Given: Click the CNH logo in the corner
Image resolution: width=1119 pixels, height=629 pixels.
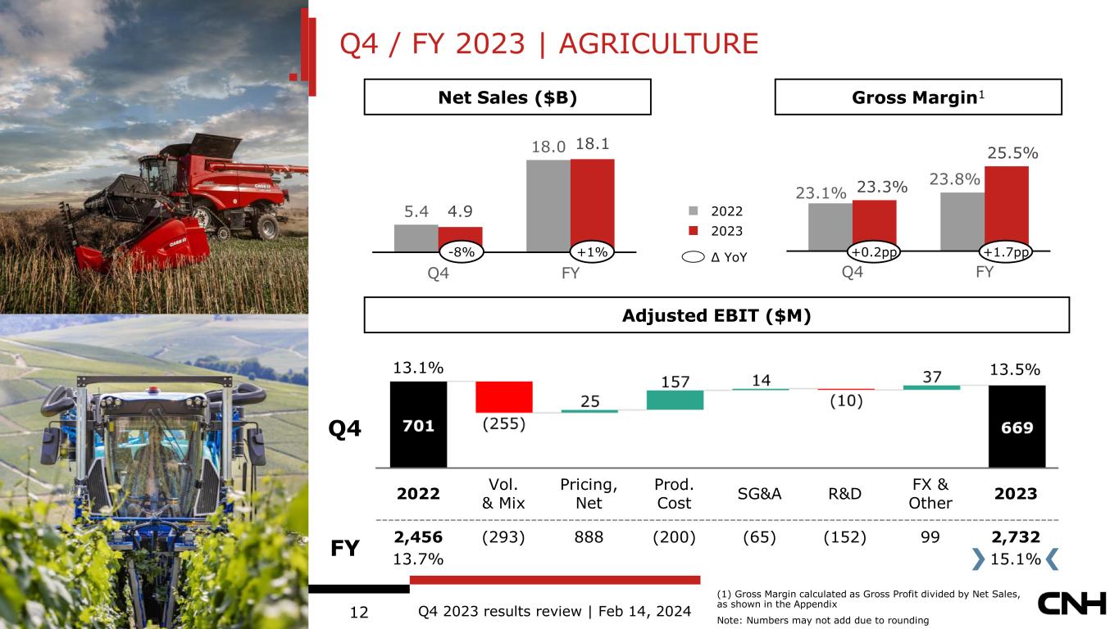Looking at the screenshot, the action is pyautogui.click(x=1072, y=604).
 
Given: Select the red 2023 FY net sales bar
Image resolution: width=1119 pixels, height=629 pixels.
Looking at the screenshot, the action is pyautogui.click(x=593, y=206).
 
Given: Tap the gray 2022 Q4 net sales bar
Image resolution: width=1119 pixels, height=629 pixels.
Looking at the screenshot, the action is pyautogui.click(x=416, y=238).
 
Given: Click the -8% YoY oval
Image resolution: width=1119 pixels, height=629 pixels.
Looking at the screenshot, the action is pyautogui.click(x=461, y=252).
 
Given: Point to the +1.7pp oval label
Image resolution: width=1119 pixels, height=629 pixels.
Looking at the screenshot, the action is pyautogui.click(x=1006, y=252).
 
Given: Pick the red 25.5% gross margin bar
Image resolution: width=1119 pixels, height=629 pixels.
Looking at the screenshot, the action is pyautogui.click(x=1007, y=208).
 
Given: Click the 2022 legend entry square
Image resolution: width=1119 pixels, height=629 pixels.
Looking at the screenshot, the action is pyautogui.click(x=694, y=210).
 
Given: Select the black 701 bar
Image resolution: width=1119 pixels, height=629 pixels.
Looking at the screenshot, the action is pyautogui.click(x=419, y=424).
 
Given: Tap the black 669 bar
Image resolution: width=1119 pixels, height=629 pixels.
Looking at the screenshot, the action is pyautogui.click(x=1017, y=427).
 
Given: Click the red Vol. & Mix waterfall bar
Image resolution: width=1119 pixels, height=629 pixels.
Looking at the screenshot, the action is pyautogui.click(x=504, y=397).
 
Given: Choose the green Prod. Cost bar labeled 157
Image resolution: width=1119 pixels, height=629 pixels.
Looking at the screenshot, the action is pyautogui.click(x=675, y=400).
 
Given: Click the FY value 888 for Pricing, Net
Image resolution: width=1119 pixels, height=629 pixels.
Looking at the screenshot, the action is pyautogui.click(x=589, y=537).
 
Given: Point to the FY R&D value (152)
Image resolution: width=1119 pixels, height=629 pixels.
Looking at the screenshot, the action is pyautogui.click(x=844, y=537).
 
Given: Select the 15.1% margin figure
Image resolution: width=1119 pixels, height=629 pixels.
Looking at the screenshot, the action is pyautogui.click(x=1016, y=559).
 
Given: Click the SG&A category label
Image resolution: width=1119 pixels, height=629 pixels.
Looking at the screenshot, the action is pyautogui.click(x=759, y=494).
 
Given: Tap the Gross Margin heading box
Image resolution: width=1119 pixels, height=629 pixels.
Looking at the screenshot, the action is pyautogui.click(x=918, y=97).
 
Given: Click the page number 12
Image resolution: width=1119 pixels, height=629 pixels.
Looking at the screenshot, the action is pyautogui.click(x=359, y=612).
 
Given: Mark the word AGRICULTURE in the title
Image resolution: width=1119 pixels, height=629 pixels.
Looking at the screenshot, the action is pyautogui.click(x=658, y=43).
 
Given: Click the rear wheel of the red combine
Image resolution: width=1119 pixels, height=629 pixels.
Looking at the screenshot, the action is pyautogui.click(x=268, y=226).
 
